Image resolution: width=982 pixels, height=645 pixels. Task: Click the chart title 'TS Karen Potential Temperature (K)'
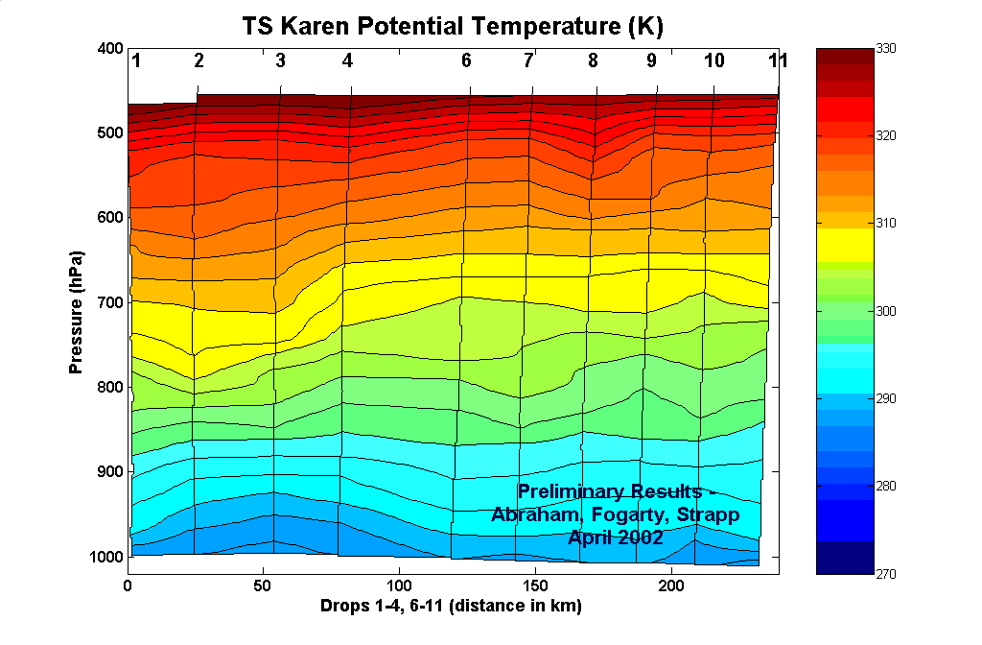pos(453,26)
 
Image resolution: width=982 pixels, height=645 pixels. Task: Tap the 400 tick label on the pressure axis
pos(109,49)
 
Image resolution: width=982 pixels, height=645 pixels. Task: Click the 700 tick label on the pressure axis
pos(109,302)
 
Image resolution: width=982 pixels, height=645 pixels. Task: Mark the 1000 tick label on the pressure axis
pos(105,557)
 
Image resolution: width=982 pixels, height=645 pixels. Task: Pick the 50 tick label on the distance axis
pos(263,585)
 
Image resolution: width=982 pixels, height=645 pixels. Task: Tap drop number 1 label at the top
pos(137,61)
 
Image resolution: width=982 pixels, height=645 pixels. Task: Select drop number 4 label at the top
pos(347,61)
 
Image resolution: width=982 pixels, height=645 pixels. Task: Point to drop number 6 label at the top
pos(466,61)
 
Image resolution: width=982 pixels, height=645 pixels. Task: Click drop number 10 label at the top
pos(714,61)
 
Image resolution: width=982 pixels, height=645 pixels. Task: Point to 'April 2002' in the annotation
pos(616,537)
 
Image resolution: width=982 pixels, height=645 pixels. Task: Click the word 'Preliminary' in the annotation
pos(573,492)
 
